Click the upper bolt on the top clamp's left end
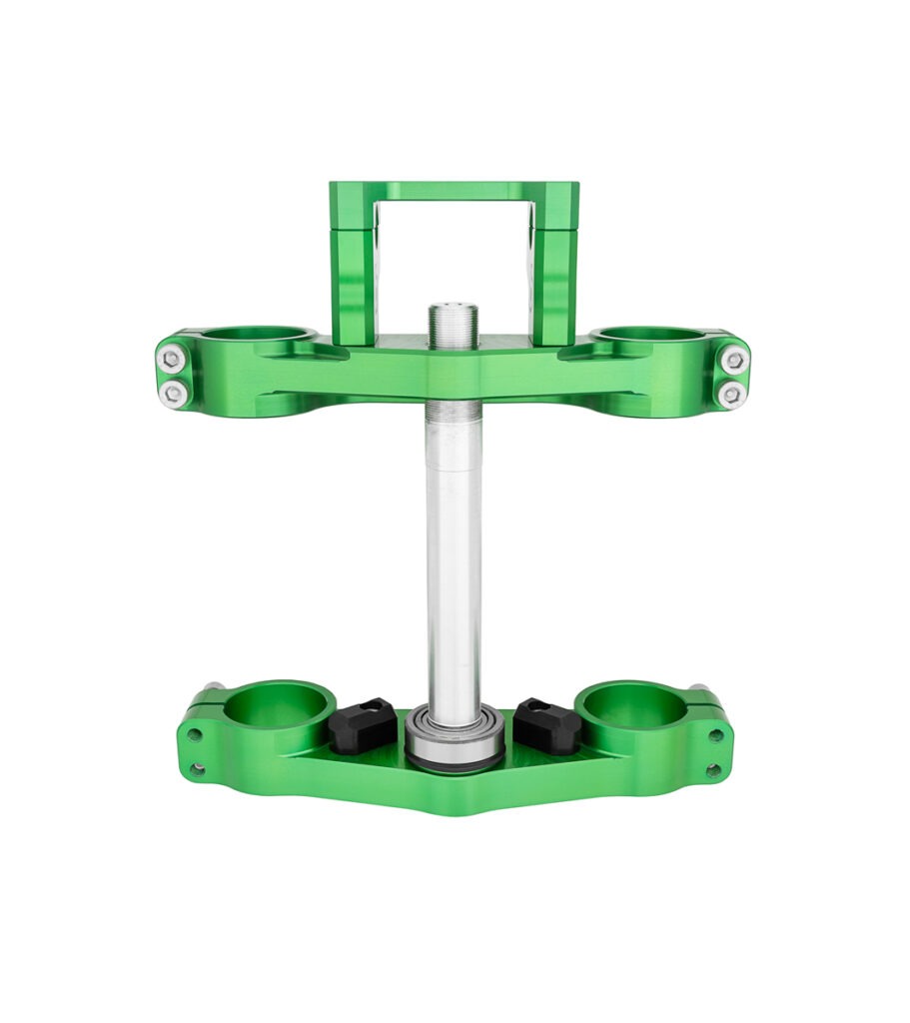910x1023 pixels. tap(172, 359)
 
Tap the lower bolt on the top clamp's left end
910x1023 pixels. tap(174, 393)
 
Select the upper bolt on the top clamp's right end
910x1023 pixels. tap(734, 360)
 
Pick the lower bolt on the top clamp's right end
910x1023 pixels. tap(731, 395)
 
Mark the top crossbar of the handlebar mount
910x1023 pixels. tap(454, 191)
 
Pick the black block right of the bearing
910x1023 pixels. tap(546, 726)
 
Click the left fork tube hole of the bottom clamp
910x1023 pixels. tap(278, 704)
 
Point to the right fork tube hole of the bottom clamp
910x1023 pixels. tap(629, 704)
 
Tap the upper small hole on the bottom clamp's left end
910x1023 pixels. tap(194, 734)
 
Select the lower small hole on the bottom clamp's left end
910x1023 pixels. tap(198, 768)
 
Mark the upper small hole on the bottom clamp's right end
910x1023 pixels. tap(715, 735)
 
